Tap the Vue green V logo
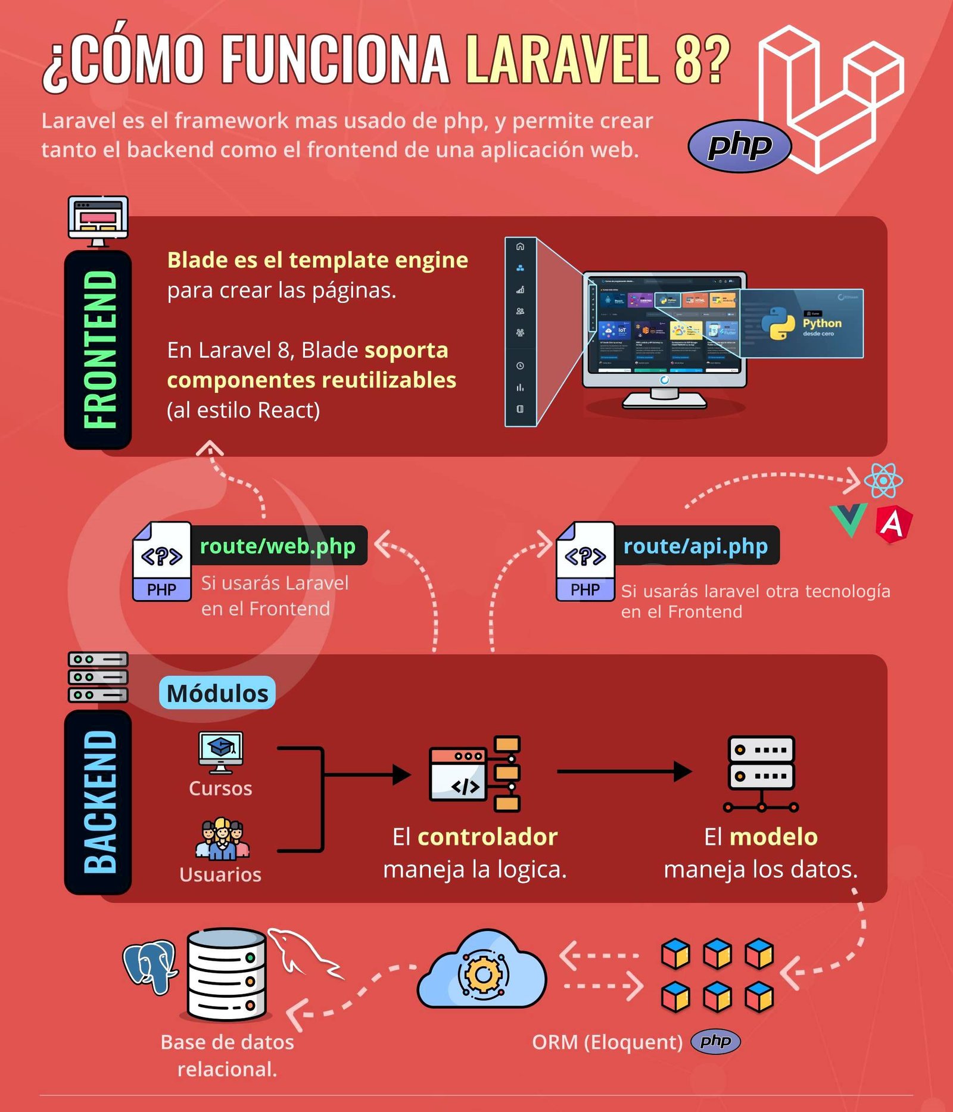click(x=848, y=518)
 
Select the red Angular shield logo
click(x=893, y=524)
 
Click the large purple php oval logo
click(x=739, y=146)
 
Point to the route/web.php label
click(x=278, y=546)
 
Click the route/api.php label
click(x=695, y=546)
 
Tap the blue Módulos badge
click(x=217, y=693)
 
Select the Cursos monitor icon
click(x=220, y=752)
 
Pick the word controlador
click(x=487, y=837)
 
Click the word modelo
click(x=773, y=837)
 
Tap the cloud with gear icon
click(x=482, y=973)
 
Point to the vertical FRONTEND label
click(x=99, y=349)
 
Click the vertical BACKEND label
click(x=99, y=802)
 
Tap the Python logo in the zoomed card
click(x=778, y=323)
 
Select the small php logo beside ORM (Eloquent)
click(x=715, y=1042)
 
